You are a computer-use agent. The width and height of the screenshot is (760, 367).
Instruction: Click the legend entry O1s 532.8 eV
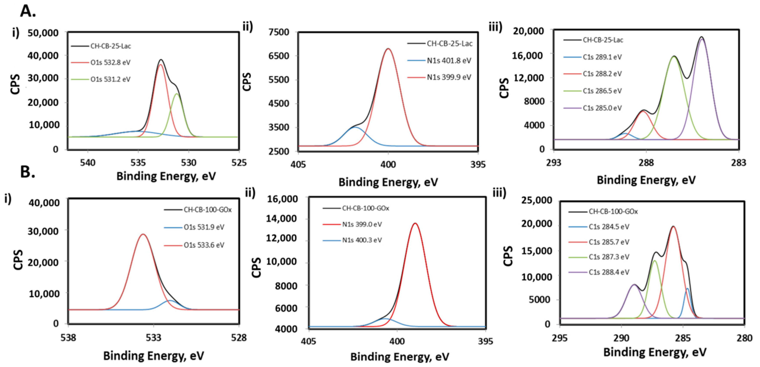(x=110, y=63)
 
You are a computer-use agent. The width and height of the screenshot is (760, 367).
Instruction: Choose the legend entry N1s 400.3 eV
(x=362, y=240)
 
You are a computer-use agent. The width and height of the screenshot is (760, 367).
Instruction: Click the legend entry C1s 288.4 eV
(x=609, y=272)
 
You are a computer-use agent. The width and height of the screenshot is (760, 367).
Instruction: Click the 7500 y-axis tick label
(x=279, y=32)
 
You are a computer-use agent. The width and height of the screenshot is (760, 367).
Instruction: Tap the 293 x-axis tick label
(x=553, y=163)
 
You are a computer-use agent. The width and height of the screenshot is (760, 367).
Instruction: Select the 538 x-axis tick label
(x=68, y=338)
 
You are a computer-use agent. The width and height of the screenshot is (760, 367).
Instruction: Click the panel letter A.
(x=28, y=12)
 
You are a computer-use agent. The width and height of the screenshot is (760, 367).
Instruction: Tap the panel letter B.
(x=28, y=172)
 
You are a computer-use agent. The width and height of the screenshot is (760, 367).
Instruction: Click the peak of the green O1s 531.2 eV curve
(x=177, y=94)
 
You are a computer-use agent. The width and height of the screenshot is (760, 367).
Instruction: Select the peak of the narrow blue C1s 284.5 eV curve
(x=687, y=289)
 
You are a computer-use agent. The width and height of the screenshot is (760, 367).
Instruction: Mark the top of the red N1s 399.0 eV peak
(x=415, y=223)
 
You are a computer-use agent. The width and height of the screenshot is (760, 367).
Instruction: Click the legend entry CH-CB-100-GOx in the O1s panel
(x=207, y=210)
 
